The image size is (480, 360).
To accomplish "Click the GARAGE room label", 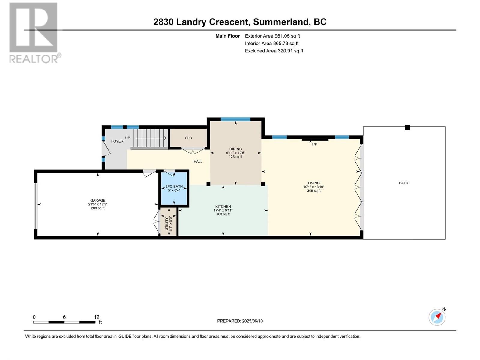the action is [98, 200].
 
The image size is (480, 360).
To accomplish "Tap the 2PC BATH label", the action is [174, 187].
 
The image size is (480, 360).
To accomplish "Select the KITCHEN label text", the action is [223, 206].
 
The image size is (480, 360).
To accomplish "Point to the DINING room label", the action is [235, 149].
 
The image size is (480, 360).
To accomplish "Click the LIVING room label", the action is [314, 183].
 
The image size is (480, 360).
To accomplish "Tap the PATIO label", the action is [404, 183].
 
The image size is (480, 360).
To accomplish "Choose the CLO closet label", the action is [188, 138].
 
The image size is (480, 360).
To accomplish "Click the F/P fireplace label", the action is [314, 144].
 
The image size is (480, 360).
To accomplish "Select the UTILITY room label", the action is [166, 224].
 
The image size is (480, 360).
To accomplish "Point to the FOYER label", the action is [117, 141].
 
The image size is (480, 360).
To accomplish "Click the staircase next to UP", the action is [151, 138].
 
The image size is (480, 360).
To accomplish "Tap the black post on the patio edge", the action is [407, 127].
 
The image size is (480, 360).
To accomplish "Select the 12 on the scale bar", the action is [97, 317].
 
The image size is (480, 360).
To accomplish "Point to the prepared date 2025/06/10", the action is [252, 321].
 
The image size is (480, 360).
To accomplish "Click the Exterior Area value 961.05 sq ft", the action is [287, 36].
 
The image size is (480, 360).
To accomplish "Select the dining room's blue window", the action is [235, 119].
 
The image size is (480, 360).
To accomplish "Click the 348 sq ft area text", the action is [314, 190].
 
